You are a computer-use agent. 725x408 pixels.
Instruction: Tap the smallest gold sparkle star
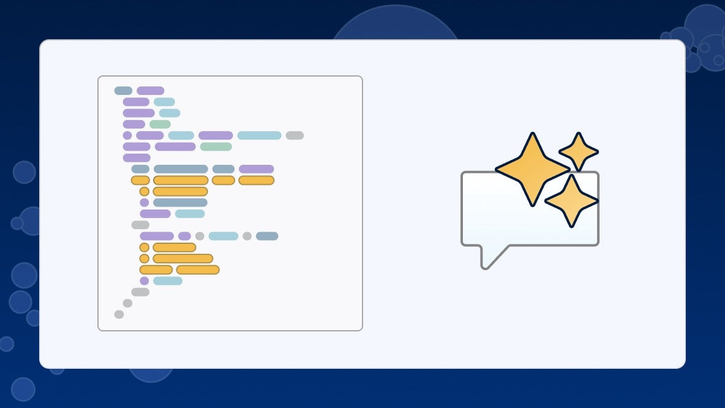pos(579,152)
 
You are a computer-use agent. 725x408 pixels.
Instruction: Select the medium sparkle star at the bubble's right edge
pos(571,201)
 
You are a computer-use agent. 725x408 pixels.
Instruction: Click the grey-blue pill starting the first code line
pos(123,91)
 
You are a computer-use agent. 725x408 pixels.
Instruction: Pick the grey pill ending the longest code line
pos(295,135)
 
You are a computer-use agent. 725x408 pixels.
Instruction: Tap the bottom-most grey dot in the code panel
pos(119,314)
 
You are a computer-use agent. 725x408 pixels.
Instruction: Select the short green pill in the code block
pos(160,124)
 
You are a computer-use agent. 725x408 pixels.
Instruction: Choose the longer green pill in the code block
pos(216,146)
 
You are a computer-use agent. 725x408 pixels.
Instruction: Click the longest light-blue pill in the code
pos(259,135)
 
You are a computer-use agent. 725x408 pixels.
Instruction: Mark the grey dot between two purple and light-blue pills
pos(200,236)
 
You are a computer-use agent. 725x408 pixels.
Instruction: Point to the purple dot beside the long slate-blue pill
pos(145,202)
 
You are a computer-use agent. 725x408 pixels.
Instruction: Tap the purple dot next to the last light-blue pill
pos(145,281)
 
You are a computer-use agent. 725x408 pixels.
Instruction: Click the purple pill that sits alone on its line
pos(137,157)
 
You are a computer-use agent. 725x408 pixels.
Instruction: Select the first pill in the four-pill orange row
pos(140,180)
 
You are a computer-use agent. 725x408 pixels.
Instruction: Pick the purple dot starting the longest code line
pos(127,135)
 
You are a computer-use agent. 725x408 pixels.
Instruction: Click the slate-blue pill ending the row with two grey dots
pos(267,236)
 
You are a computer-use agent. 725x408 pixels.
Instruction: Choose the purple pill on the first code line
pos(151,91)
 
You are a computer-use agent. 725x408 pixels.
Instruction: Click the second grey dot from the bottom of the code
pos(127,303)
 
